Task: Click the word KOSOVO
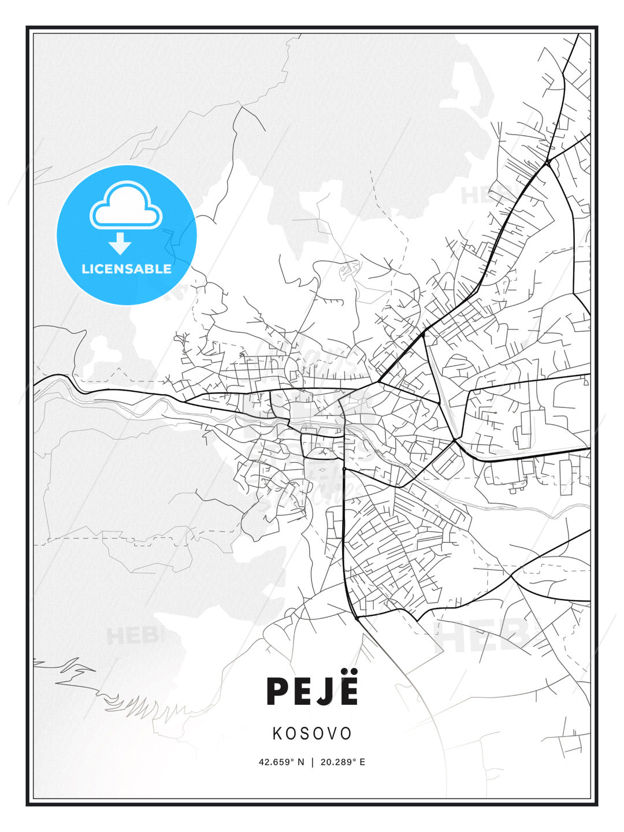coord(312,733)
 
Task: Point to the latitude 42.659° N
coord(281,762)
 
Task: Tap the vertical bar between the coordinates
coord(313,762)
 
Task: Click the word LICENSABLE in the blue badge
coord(127,269)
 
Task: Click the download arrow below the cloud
coord(120,244)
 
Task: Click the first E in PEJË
coord(301,691)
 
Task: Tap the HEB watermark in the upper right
coord(482,195)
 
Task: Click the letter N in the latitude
coord(301,762)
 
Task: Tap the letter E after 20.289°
coord(362,762)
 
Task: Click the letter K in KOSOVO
coord(277,733)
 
